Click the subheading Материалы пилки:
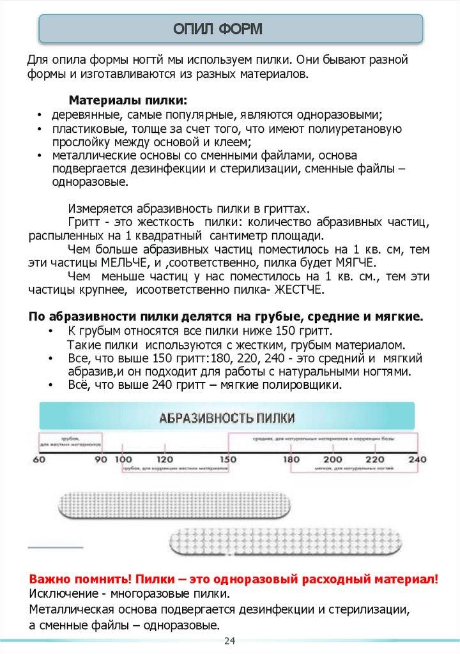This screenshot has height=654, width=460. [128, 100]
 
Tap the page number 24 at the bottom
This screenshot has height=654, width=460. [229, 641]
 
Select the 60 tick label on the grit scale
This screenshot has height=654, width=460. [38, 460]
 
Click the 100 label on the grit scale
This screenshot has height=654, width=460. [125, 460]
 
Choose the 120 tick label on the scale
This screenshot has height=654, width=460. [165, 460]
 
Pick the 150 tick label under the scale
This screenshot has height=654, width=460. [228, 460]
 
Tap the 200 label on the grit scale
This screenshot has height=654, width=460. [332, 460]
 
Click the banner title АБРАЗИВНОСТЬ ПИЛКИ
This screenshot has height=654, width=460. [227, 418]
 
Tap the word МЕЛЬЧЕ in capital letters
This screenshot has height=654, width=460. [125, 263]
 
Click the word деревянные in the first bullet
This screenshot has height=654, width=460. [82, 115]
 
